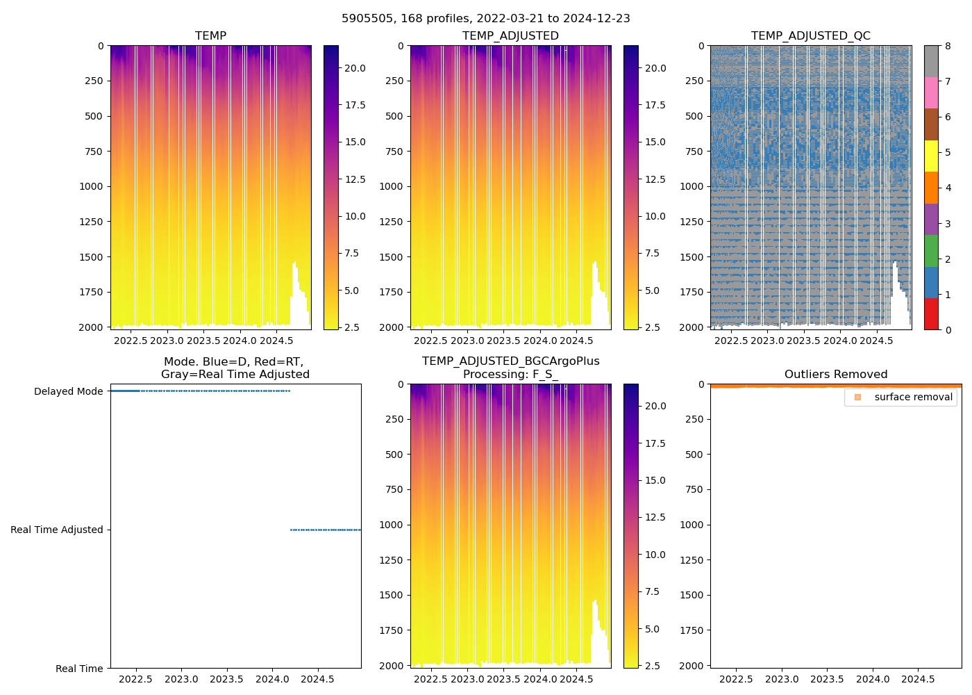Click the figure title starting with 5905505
pyautogui.click(x=486, y=19)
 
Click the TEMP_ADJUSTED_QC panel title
pyautogui.click(x=810, y=36)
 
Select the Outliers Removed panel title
pyautogui.click(x=836, y=375)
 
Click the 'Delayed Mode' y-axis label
pyautogui.click(x=68, y=392)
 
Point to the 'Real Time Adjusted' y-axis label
pyautogui.click(x=57, y=530)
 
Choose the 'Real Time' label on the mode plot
pyautogui.click(x=79, y=669)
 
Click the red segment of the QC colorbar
pyautogui.click(x=931, y=314)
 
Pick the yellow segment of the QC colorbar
pyautogui.click(x=931, y=156)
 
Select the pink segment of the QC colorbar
pyautogui.click(x=931, y=92)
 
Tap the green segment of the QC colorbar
pyautogui.click(x=931, y=251)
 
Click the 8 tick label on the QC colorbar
pyautogui.click(x=948, y=47)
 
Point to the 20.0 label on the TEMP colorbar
pyautogui.click(x=355, y=68)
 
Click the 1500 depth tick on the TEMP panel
pyautogui.click(x=94, y=257)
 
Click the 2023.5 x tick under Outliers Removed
pyautogui.click(x=827, y=679)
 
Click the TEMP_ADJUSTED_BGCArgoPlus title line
pyautogui.click(x=510, y=361)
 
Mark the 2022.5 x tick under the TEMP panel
pyautogui.click(x=131, y=341)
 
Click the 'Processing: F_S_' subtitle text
pyautogui.click(x=510, y=375)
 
